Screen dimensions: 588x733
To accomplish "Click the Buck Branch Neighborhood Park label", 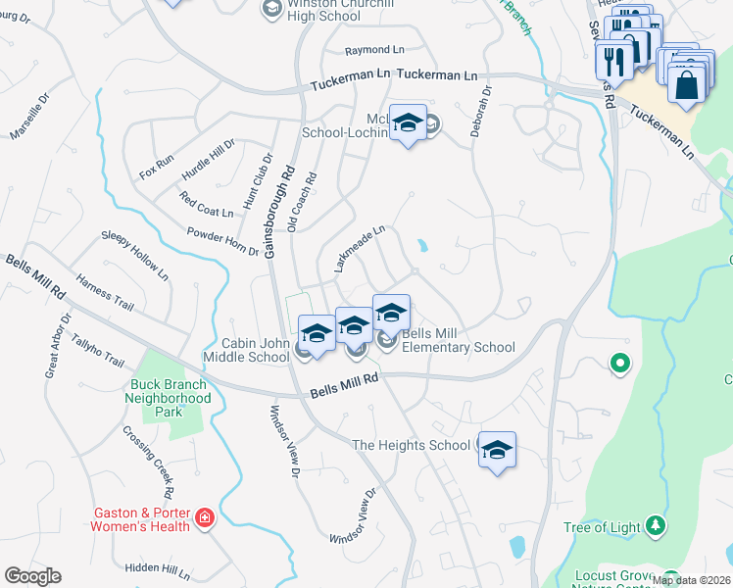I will (x=168, y=391).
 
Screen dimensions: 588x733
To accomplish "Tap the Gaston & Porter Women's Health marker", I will (x=205, y=517).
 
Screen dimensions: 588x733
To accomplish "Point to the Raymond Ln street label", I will (x=374, y=50).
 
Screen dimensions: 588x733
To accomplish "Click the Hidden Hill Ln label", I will (x=158, y=569).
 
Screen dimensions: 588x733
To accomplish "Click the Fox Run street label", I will (x=157, y=166).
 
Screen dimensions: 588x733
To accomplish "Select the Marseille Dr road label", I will (x=29, y=117).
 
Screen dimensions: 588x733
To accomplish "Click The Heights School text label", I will (x=411, y=445).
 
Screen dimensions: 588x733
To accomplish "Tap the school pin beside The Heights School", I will (x=497, y=450).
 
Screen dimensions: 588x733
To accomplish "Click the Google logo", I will (x=32, y=576).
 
